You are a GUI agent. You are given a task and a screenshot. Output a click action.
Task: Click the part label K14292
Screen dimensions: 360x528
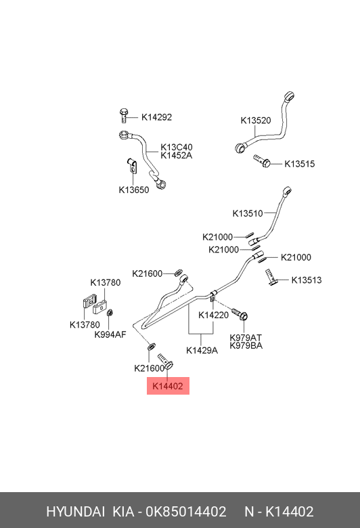click(x=156, y=117)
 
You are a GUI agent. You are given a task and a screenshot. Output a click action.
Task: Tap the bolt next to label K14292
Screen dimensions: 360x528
click(x=124, y=116)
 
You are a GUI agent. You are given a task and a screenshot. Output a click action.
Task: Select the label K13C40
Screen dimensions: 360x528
click(x=177, y=147)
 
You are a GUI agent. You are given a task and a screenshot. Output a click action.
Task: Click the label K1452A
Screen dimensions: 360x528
click(x=177, y=156)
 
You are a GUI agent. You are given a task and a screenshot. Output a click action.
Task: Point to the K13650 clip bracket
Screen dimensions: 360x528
click(x=132, y=165)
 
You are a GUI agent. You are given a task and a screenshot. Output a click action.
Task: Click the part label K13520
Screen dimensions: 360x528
click(x=256, y=120)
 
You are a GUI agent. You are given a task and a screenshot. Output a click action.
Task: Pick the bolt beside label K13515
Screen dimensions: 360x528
click(x=262, y=160)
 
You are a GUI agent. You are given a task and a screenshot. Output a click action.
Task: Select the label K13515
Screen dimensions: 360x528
click(x=300, y=164)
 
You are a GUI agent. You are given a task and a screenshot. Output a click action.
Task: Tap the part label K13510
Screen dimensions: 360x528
click(x=248, y=213)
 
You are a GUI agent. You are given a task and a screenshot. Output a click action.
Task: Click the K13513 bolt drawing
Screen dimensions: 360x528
click(x=271, y=277)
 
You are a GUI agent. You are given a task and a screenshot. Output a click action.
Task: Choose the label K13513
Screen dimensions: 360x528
click(x=307, y=280)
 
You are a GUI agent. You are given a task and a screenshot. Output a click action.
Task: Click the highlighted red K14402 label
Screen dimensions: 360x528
click(x=168, y=386)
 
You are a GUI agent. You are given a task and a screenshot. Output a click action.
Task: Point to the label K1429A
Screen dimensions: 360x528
click(x=202, y=351)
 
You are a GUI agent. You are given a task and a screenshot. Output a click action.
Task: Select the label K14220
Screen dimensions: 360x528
click(x=214, y=315)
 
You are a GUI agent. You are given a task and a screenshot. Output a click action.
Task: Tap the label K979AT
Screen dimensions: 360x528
click(x=246, y=337)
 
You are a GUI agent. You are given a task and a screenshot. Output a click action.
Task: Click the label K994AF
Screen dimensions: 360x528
click(x=110, y=334)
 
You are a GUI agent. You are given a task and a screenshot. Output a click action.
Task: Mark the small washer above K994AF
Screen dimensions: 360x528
click(x=109, y=313)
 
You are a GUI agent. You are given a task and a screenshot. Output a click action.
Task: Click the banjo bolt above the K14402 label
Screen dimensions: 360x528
click(x=166, y=361)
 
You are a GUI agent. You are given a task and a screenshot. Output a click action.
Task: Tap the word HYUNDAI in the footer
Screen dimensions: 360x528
click(x=75, y=512)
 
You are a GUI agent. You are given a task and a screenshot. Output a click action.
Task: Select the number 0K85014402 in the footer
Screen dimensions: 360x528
click(x=186, y=512)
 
